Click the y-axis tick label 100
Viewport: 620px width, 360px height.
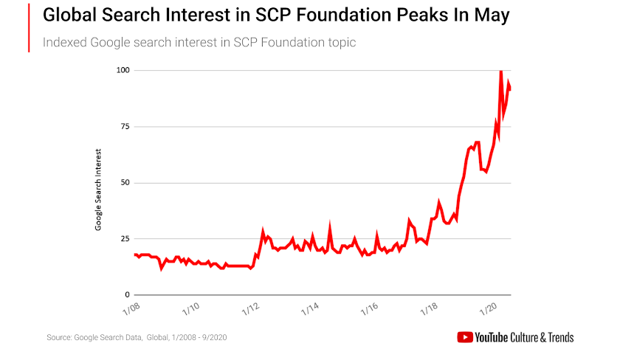coord(122,70)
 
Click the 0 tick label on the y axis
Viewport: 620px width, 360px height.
coord(126,294)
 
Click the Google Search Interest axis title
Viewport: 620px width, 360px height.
coord(98,190)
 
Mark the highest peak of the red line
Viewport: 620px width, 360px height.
coord(501,71)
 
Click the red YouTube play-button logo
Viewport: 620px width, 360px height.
coord(465,337)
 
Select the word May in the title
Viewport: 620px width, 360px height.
coord(491,15)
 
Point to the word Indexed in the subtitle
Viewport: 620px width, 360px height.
coord(64,42)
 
